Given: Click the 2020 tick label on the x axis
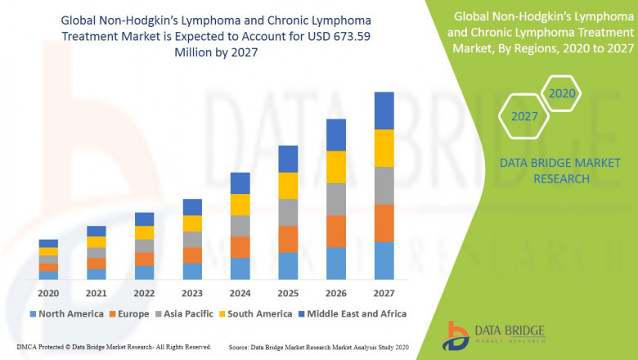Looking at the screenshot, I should pyautogui.click(x=48, y=292).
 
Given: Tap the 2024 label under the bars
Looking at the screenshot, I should pyautogui.click(x=240, y=292).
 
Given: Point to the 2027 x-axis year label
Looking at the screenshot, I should pyautogui.click(x=384, y=292).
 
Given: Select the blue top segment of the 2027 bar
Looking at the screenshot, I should pyautogui.click(x=384, y=110).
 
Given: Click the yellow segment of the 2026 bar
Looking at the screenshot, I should pyautogui.click(x=336, y=167).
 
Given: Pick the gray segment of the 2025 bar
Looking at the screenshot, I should pyautogui.click(x=288, y=212).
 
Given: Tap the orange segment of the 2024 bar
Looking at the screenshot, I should pyautogui.click(x=240, y=247).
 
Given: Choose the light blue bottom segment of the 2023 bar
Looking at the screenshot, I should pyautogui.click(x=192, y=271).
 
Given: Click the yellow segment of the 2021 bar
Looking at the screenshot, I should pyautogui.click(x=97, y=241).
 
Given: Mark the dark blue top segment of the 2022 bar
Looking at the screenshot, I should pyautogui.click(x=144, y=218).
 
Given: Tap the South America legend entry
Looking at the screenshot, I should pyautogui.click(x=257, y=313).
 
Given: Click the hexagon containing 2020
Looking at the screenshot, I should pyautogui.click(x=562, y=93).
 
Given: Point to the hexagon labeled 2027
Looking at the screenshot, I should pyautogui.click(x=524, y=116).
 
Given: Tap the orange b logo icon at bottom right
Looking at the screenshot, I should pyautogui.click(x=456, y=335).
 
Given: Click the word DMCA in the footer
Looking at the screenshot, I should pyautogui.click(x=28, y=347).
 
